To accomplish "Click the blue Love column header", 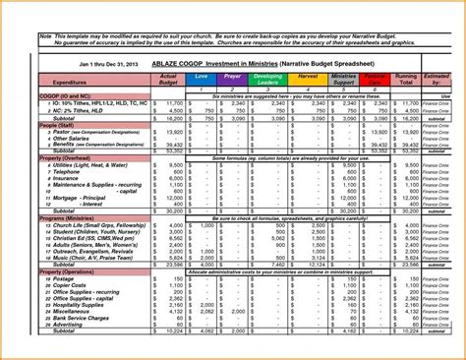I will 202,77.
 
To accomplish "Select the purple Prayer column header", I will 231,77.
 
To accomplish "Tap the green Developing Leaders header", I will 267,80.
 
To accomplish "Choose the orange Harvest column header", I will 307,77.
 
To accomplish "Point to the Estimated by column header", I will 438,80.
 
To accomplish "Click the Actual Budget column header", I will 167,80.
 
